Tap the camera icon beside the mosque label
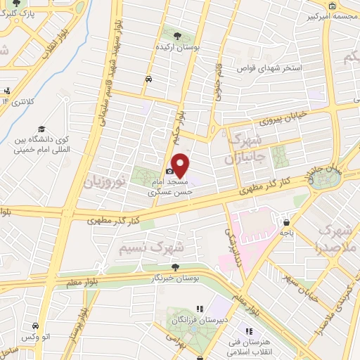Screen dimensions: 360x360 click(x=169, y=171)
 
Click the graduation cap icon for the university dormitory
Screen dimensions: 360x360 click(x=41, y=129)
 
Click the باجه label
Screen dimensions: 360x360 click(x=286, y=230)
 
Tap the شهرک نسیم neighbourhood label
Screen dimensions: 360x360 click(x=161, y=247)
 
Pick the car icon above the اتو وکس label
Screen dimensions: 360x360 click(x=34, y=326)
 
